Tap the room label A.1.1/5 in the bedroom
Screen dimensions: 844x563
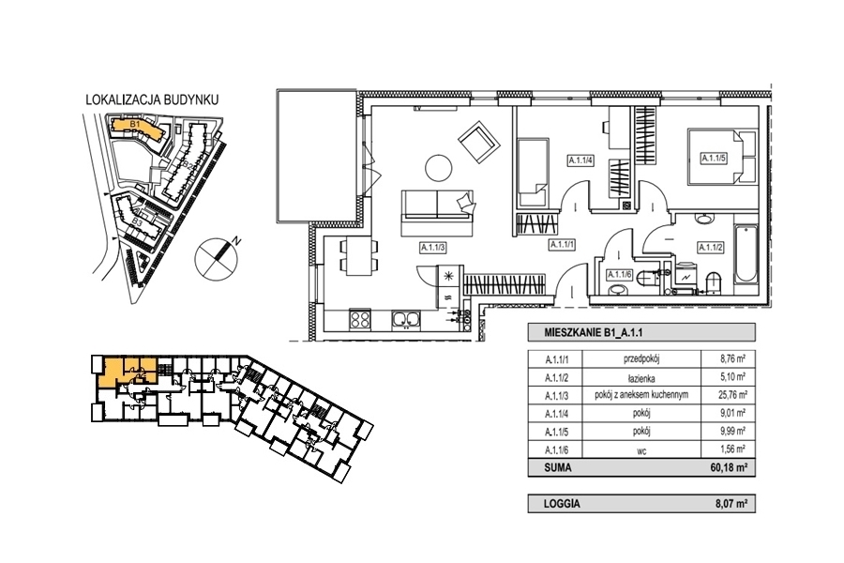[x=714, y=158]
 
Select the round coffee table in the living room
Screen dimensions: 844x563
[x=439, y=169]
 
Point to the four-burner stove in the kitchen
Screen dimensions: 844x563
[x=360, y=319]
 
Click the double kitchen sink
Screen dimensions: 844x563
[x=406, y=319]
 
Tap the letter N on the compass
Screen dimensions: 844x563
[x=234, y=241]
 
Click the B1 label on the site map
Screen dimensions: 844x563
[x=135, y=125]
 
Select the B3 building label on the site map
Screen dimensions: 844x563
[x=137, y=221]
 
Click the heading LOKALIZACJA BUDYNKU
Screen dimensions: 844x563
[x=152, y=99]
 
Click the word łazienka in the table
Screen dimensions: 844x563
[x=641, y=378]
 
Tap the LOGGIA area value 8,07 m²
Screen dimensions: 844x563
[x=731, y=504]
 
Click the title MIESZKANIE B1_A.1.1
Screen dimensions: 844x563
[x=594, y=333]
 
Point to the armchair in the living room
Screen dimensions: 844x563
[x=478, y=144]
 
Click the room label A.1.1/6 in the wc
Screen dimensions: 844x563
[x=619, y=275]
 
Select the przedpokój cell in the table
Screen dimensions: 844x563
[x=641, y=358]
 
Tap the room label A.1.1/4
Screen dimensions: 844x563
[x=581, y=160]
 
